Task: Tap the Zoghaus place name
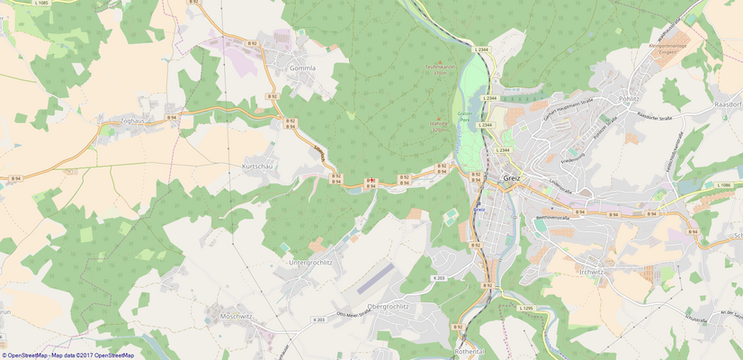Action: pyautogui.click(x=125, y=120)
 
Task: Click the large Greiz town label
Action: pyautogui.click(x=514, y=177)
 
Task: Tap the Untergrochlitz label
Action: pyautogui.click(x=310, y=262)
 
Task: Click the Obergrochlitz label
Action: pyautogui.click(x=383, y=306)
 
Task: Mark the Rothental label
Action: pyautogui.click(x=470, y=352)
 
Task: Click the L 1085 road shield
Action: pyautogui.click(x=39, y=4)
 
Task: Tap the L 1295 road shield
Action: pyautogui.click(x=527, y=309)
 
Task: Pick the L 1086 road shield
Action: pyautogui.click(x=724, y=184)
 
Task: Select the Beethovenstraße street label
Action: pyautogui.click(x=555, y=218)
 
